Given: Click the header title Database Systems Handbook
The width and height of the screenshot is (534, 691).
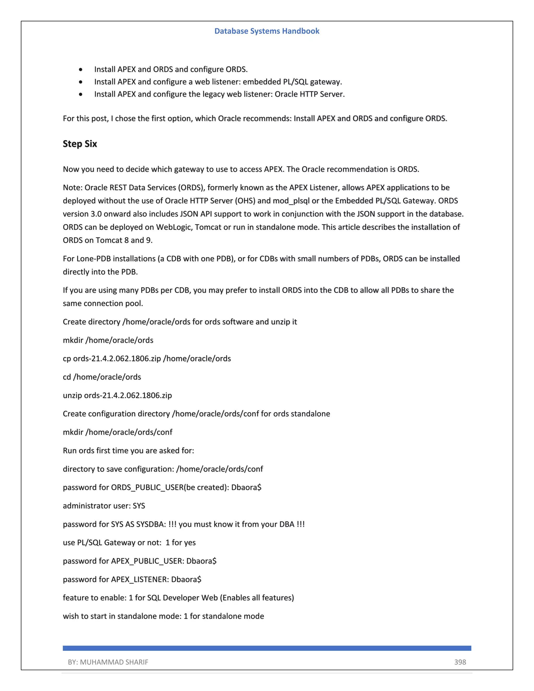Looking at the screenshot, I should (x=267, y=31).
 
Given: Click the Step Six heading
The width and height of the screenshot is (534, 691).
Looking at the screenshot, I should (x=80, y=144).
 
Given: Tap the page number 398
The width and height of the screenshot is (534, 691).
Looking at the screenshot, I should (x=460, y=662).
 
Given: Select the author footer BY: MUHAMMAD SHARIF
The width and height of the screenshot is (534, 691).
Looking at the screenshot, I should (x=108, y=662).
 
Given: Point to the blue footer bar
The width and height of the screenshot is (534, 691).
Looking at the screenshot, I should (x=267, y=648).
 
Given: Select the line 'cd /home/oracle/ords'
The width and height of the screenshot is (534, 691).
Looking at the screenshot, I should (x=102, y=377).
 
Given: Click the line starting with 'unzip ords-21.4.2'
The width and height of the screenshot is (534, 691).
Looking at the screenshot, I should (x=117, y=395).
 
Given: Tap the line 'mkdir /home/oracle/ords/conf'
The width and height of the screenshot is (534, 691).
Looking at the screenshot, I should (x=117, y=432).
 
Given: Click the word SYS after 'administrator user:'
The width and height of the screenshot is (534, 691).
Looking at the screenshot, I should (x=139, y=506).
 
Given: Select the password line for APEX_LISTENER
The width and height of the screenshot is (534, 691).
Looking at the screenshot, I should (x=132, y=579).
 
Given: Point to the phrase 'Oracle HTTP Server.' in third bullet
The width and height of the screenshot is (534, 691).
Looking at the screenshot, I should (x=310, y=94).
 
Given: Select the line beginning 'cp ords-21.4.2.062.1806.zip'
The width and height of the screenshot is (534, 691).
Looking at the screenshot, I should (x=147, y=359).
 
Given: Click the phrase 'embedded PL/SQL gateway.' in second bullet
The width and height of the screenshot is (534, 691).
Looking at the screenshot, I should (x=292, y=82).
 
